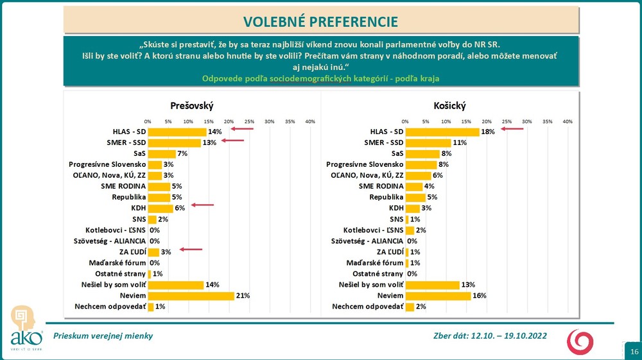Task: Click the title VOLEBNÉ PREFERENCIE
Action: click(x=320, y=21)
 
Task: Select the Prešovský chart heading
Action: click(x=191, y=105)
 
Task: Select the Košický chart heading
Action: click(x=449, y=105)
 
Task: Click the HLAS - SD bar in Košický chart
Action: click(x=442, y=132)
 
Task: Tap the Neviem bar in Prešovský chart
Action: click(x=191, y=295)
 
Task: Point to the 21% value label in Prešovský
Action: click(x=243, y=295)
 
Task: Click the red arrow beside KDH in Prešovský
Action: click(x=203, y=205)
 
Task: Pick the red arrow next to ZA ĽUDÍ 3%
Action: click(x=191, y=250)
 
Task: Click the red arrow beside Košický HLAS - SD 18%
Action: click(x=512, y=129)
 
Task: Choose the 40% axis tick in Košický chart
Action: click(x=568, y=121)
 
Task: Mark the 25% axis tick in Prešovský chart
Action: click(x=249, y=121)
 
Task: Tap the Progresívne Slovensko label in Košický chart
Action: click(x=365, y=164)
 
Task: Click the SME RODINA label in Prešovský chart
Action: click(x=122, y=186)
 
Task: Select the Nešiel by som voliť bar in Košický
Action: click(x=432, y=284)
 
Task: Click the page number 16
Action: click(x=634, y=352)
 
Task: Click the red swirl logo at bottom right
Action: click(x=579, y=341)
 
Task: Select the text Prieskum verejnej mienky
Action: click(x=103, y=336)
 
